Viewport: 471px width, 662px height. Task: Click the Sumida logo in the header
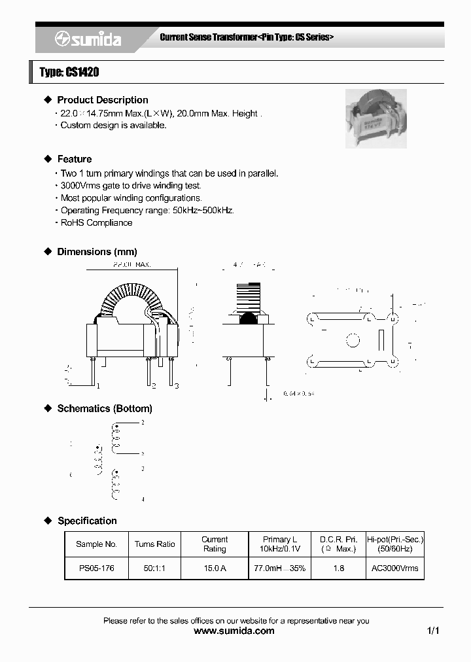point(88,39)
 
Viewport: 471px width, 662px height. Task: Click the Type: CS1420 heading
point(69,73)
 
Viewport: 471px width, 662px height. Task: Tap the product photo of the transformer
point(375,118)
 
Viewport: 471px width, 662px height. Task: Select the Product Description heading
point(102,100)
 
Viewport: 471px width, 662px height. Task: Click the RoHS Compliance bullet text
point(96,223)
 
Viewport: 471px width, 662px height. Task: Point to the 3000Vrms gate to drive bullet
point(131,186)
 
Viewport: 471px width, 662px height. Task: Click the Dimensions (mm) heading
point(97,252)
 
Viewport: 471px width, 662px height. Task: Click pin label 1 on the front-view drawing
point(98,385)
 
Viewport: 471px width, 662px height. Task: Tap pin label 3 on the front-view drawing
point(176,385)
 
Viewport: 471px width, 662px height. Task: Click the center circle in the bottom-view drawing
point(352,340)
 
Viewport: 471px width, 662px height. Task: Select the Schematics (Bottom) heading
point(105,409)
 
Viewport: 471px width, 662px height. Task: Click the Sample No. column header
point(96,544)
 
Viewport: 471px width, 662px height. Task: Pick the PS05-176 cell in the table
point(96,568)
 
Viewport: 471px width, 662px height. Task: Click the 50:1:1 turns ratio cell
point(154,568)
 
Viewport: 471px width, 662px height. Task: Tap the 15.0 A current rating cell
point(214,568)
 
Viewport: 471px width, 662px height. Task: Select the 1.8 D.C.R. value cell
point(338,568)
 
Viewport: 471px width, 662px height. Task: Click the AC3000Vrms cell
point(394,568)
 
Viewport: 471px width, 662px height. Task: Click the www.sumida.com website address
point(235,631)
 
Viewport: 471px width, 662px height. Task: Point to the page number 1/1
point(432,631)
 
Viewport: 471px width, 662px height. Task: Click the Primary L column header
point(280,544)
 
